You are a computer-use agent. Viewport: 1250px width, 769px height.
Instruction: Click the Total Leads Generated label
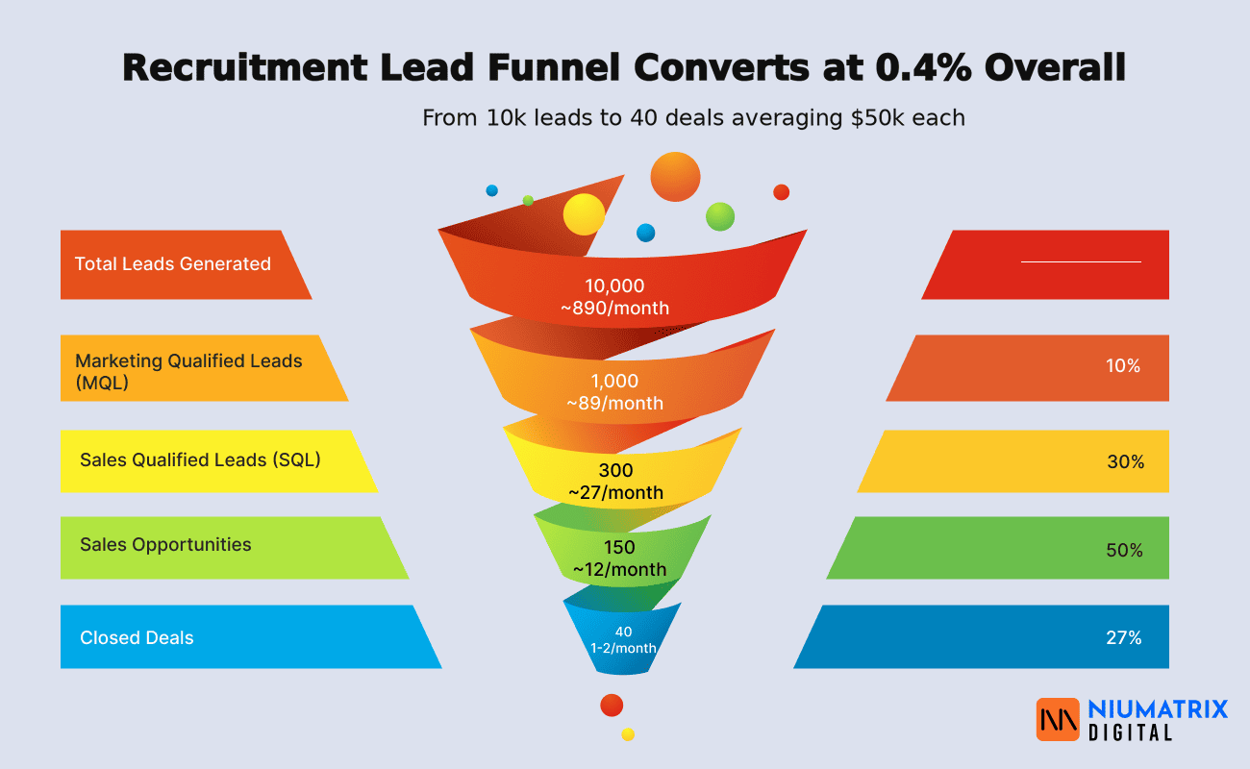pos(173,264)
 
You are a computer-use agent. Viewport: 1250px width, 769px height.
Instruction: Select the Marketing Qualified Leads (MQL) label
pos(188,370)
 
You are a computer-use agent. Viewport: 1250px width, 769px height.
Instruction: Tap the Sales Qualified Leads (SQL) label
pos(200,459)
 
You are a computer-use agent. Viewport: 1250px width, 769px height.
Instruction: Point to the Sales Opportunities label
pos(165,545)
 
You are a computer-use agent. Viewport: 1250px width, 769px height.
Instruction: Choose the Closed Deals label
pos(137,638)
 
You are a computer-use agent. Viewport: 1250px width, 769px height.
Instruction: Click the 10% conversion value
pos(1122,366)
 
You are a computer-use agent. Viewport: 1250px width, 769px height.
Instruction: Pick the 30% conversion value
pos(1125,462)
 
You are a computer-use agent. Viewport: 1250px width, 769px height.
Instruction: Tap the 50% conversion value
pos(1124,551)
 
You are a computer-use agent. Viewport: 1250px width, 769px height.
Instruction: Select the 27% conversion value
pos(1123,637)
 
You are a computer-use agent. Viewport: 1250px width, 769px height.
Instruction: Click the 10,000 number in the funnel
pos(614,285)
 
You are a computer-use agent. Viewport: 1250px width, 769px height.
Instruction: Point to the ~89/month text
pos(614,403)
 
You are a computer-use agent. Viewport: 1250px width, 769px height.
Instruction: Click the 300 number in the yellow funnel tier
pos(615,470)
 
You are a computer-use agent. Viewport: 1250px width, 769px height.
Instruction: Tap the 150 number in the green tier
pos(618,547)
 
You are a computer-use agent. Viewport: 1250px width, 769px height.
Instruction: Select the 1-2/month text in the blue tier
pos(623,648)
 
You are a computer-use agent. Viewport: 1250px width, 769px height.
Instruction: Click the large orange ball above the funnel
pos(675,177)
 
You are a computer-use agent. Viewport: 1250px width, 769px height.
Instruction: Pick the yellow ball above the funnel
pos(584,214)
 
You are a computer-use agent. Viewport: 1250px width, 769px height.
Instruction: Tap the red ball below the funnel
pos(612,706)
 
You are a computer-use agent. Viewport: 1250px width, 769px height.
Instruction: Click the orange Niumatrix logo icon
pos(1058,719)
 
